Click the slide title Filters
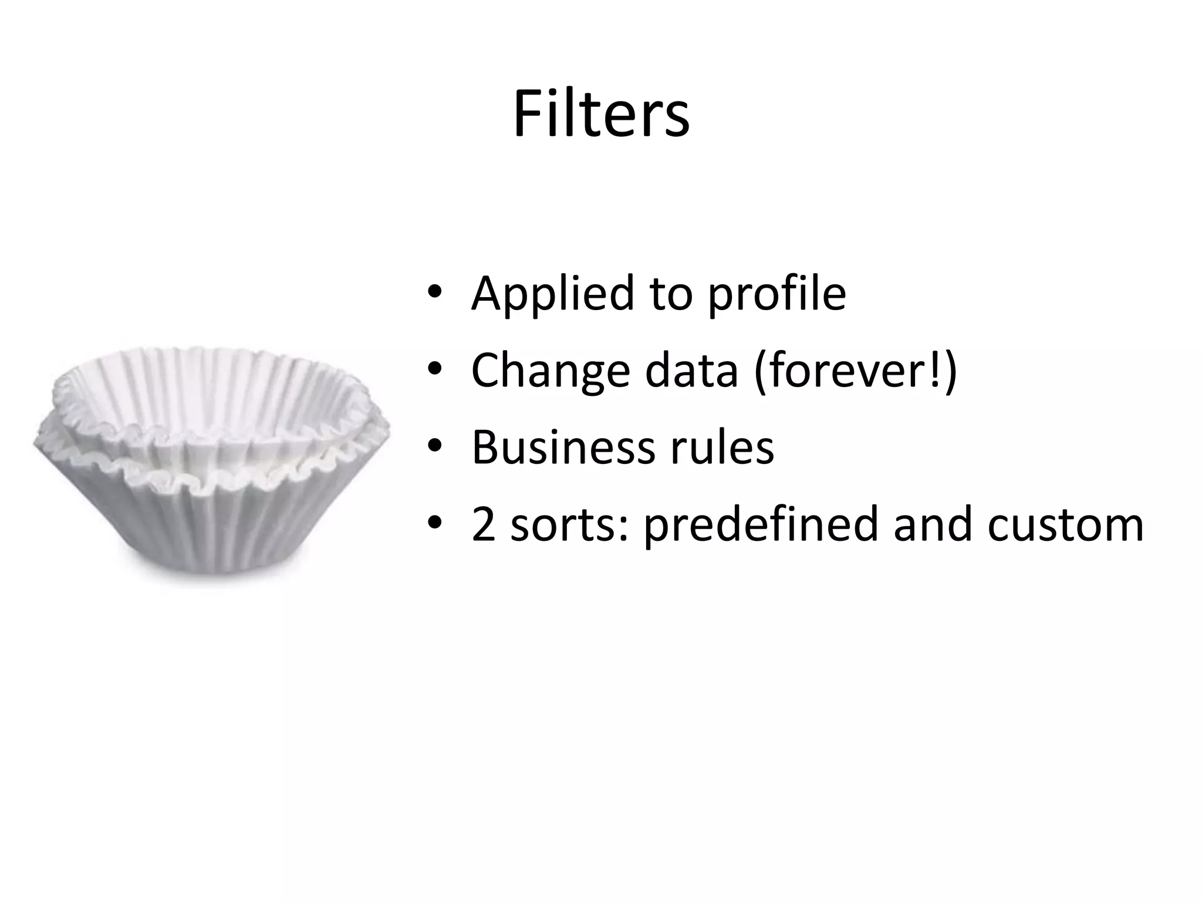(601, 114)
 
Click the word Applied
(552, 293)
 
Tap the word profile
(777, 293)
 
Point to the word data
(691, 371)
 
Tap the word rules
(722, 447)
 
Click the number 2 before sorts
(484, 524)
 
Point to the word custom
(1065, 524)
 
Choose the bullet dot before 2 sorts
(434, 523)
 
